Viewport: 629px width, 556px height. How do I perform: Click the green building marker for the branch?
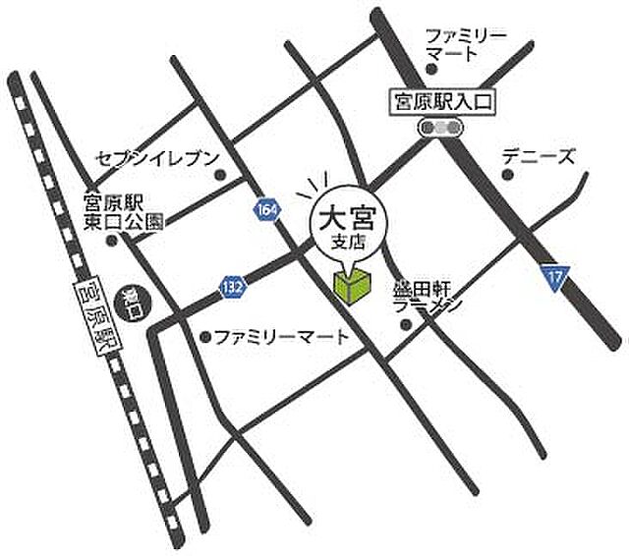coord(352,285)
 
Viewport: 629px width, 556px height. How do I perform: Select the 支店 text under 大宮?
coord(351,242)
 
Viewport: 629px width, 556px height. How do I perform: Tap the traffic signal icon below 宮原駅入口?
coord(439,126)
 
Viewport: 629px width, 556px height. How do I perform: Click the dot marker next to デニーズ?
coord(507,175)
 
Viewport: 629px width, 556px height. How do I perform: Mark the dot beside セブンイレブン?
coord(219,176)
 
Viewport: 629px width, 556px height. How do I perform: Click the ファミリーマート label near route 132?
coord(280,337)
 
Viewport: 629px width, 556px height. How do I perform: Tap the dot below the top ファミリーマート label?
coord(430,68)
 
